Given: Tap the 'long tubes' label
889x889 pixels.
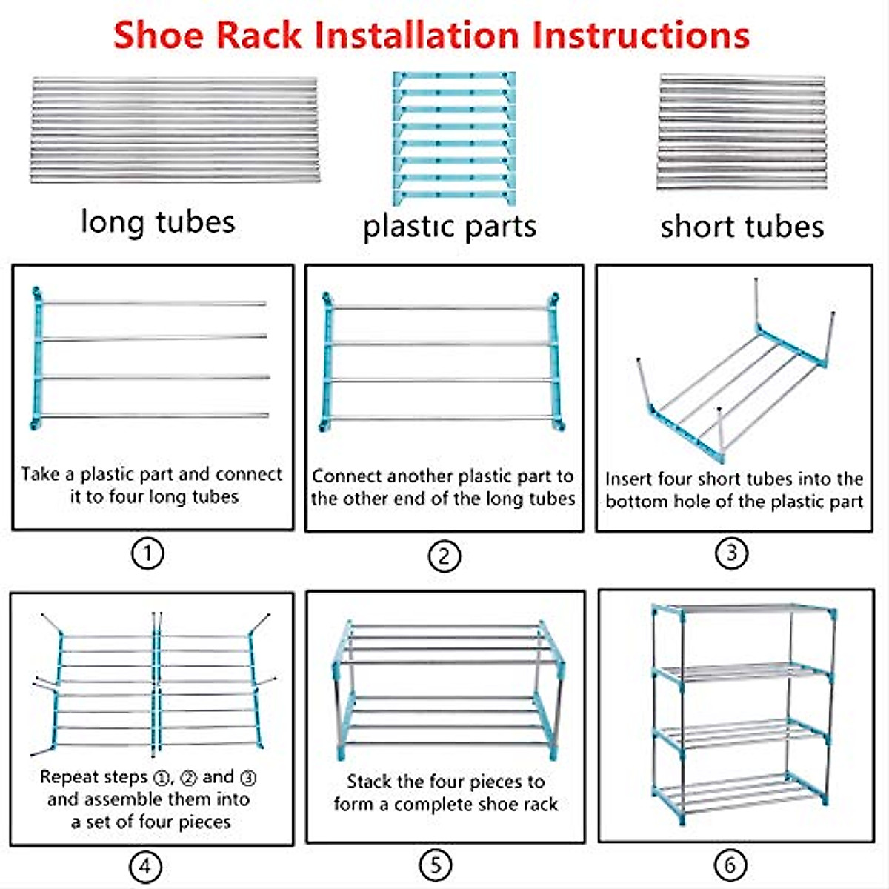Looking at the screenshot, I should tap(158, 222).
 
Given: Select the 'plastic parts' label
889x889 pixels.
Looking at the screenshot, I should tap(450, 227).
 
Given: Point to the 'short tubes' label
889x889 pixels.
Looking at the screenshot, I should tap(742, 227).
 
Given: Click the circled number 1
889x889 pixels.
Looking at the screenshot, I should tap(147, 553).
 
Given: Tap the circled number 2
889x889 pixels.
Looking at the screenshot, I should tap(444, 556).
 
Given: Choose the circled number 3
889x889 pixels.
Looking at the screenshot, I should tap(731, 553).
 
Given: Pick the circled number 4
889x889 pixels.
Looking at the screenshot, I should tap(145, 866).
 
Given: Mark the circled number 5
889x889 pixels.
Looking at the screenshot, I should tap(436, 865).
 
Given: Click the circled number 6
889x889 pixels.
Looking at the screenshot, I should tap(730, 865).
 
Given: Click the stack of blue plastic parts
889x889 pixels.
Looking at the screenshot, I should tap(453, 138).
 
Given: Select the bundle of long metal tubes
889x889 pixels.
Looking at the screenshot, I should tap(175, 130).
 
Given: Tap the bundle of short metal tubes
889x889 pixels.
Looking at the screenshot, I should tap(741, 131).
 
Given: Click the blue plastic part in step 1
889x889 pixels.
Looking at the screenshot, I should tap(36, 359).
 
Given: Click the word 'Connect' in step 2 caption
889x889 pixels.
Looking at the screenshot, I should tap(347, 476).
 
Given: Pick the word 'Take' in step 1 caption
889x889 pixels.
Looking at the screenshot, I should tap(41, 474).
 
